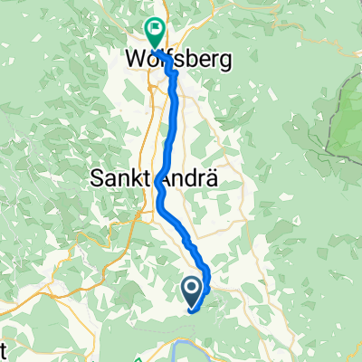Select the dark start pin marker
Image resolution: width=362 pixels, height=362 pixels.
(x=193, y=291)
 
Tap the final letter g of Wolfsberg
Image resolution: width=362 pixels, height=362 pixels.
(x=226, y=62)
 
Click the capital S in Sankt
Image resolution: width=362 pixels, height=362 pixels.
(x=99, y=179)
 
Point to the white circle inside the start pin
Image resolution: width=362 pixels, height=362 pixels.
(x=193, y=288)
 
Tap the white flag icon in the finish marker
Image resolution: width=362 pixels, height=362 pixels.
(x=154, y=29)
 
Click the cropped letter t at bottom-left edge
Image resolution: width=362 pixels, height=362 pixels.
(x=4, y=349)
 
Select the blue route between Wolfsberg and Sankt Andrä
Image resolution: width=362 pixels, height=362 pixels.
(x=172, y=118)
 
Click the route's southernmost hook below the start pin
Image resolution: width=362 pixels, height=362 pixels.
(x=194, y=309)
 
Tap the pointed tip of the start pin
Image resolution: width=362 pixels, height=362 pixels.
(x=193, y=304)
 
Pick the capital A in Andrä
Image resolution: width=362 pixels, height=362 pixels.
(x=170, y=179)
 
